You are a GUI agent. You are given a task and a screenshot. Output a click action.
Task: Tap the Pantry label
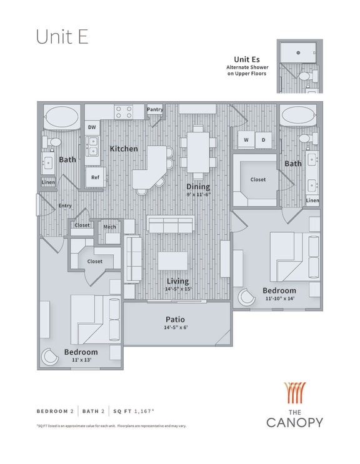[155, 110]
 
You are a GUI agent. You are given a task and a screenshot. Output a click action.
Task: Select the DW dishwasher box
[92, 127]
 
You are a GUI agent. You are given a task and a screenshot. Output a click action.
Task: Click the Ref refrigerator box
[94, 177]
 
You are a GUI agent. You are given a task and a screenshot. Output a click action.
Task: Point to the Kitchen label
[124, 149]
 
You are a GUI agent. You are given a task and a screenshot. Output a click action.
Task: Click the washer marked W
[246, 141]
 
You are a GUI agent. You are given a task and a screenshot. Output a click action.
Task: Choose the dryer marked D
[263, 141]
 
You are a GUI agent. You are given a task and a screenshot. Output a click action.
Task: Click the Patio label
[174, 319]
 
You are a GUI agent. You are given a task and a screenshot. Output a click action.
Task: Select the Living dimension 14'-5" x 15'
[177, 289]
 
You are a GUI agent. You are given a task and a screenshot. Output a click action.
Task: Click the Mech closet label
[109, 227]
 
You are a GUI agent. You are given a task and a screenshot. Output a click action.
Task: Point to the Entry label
[65, 205]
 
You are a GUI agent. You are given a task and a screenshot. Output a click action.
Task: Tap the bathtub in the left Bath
[60, 116]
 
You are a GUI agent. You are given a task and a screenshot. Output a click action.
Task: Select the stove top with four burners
[124, 112]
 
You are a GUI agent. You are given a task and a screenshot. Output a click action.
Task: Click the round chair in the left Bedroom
[50, 357]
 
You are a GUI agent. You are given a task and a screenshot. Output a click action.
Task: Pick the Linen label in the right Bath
[312, 200]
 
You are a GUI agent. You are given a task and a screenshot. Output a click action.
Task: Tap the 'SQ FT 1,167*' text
[135, 411]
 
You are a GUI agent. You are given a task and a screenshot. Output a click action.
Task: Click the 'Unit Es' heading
[246, 59]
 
